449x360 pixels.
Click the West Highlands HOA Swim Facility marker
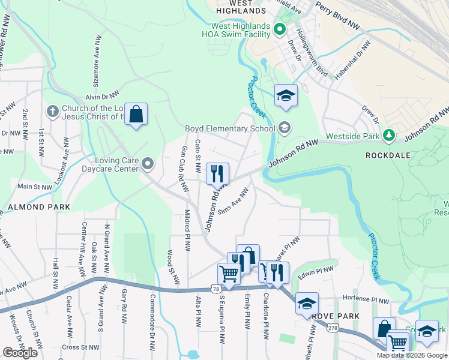point(279,29)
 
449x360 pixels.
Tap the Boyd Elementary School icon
point(284,127)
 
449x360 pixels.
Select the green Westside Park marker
point(389,136)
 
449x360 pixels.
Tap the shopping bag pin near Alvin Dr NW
point(136,114)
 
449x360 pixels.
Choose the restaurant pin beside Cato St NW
point(217,174)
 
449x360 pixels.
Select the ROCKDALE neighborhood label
point(388,155)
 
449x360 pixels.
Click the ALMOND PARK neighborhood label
point(39,206)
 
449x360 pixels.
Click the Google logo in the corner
point(20,353)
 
